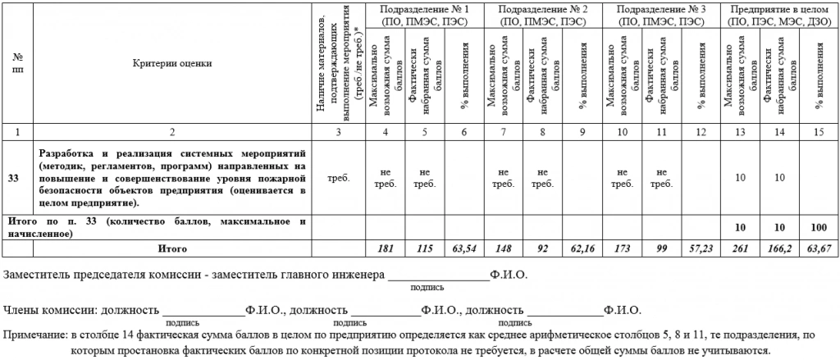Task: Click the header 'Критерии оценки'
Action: [x=171, y=62]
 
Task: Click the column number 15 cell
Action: [x=817, y=131]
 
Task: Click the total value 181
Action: [x=386, y=247]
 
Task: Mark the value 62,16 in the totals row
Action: [x=580, y=247]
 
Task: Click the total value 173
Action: [x=619, y=247]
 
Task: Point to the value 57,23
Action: [x=697, y=247]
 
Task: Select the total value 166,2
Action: [x=778, y=247]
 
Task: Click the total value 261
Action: [x=739, y=247]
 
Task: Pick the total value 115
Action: [x=424, y=247]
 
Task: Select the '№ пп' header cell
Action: [x=17, y=62]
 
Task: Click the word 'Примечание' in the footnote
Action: [x=32, y=335]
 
